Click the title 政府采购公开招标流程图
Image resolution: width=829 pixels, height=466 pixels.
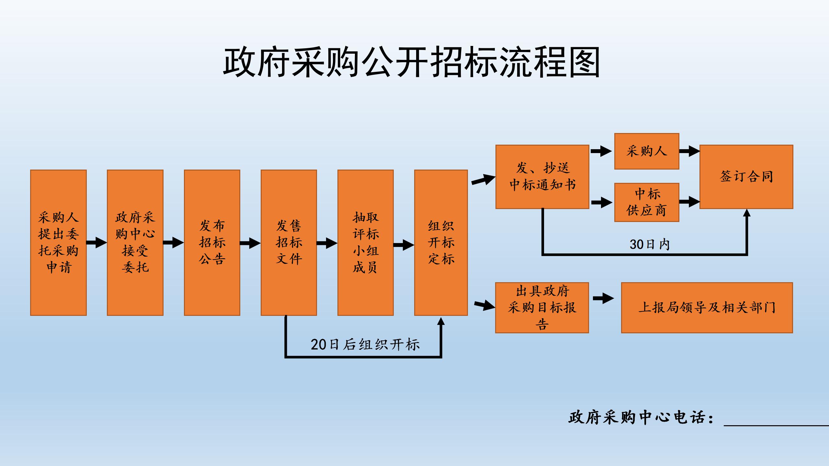[x=411, y=62]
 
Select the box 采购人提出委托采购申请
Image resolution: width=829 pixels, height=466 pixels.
[x=58, y=242]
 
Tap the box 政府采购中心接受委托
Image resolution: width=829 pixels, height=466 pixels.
[x=135, y=242]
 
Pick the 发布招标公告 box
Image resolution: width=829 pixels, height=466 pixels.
[x=212, y=242]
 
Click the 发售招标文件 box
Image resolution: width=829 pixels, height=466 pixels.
[x=289, y=242]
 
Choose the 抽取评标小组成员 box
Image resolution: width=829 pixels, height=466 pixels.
[x=365, y=242]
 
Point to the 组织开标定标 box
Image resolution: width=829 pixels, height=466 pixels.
[x=441, y=242]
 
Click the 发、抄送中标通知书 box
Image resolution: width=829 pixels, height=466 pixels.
[x=542, y=177]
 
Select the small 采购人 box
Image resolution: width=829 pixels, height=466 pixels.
[x=646, y=151]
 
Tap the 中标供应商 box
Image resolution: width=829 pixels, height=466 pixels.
[x=646, y=202]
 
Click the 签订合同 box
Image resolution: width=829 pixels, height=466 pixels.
[x=746, y=177]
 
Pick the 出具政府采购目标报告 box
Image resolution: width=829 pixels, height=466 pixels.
[x=542, y=307]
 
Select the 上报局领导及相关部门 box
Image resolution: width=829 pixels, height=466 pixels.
[x=707, y=307]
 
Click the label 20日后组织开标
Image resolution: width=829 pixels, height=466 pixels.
[x=365, y=344]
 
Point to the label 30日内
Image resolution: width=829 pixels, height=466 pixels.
[x=649, y=244]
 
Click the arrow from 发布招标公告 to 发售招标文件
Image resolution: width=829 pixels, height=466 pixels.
[x=250, y=243]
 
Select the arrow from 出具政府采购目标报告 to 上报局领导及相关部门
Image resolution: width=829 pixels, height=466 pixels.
[x=604, y=298]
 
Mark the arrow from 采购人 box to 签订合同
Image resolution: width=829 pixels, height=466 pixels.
[x=689, y=151]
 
